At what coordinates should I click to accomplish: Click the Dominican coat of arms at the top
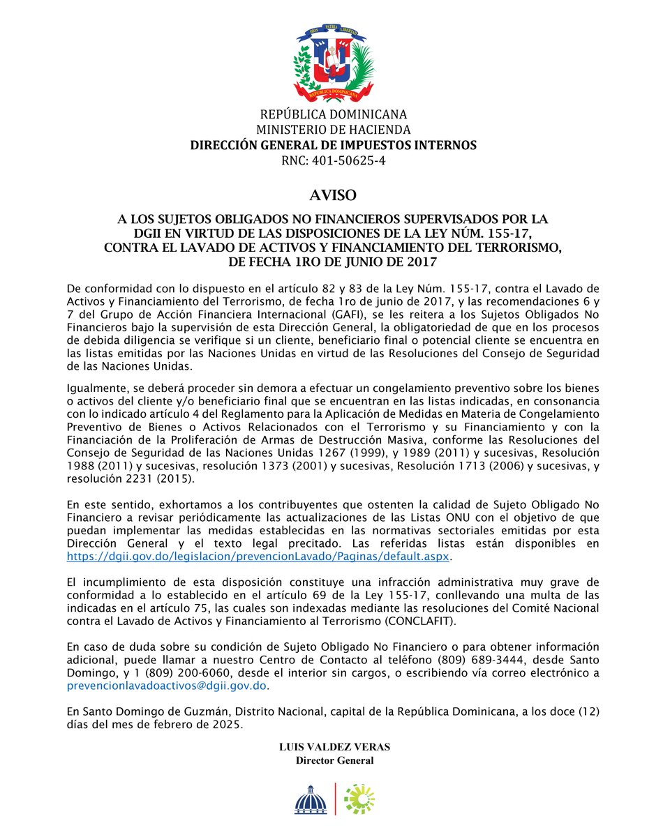point(334,61)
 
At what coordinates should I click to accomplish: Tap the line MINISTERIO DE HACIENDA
point(334,130)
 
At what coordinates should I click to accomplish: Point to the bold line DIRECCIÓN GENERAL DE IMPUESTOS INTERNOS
point(334,145)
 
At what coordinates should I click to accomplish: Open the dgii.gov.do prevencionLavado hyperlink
point(259,557)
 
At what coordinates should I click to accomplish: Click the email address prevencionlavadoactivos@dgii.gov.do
point(167,686)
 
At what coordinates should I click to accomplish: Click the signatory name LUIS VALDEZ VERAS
point(334,746)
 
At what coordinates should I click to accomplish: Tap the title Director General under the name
point(334,760)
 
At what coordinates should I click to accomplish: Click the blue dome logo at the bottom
point(310,799)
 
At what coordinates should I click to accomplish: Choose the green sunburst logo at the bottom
point(359,799)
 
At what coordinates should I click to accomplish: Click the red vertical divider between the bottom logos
point(336,799)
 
